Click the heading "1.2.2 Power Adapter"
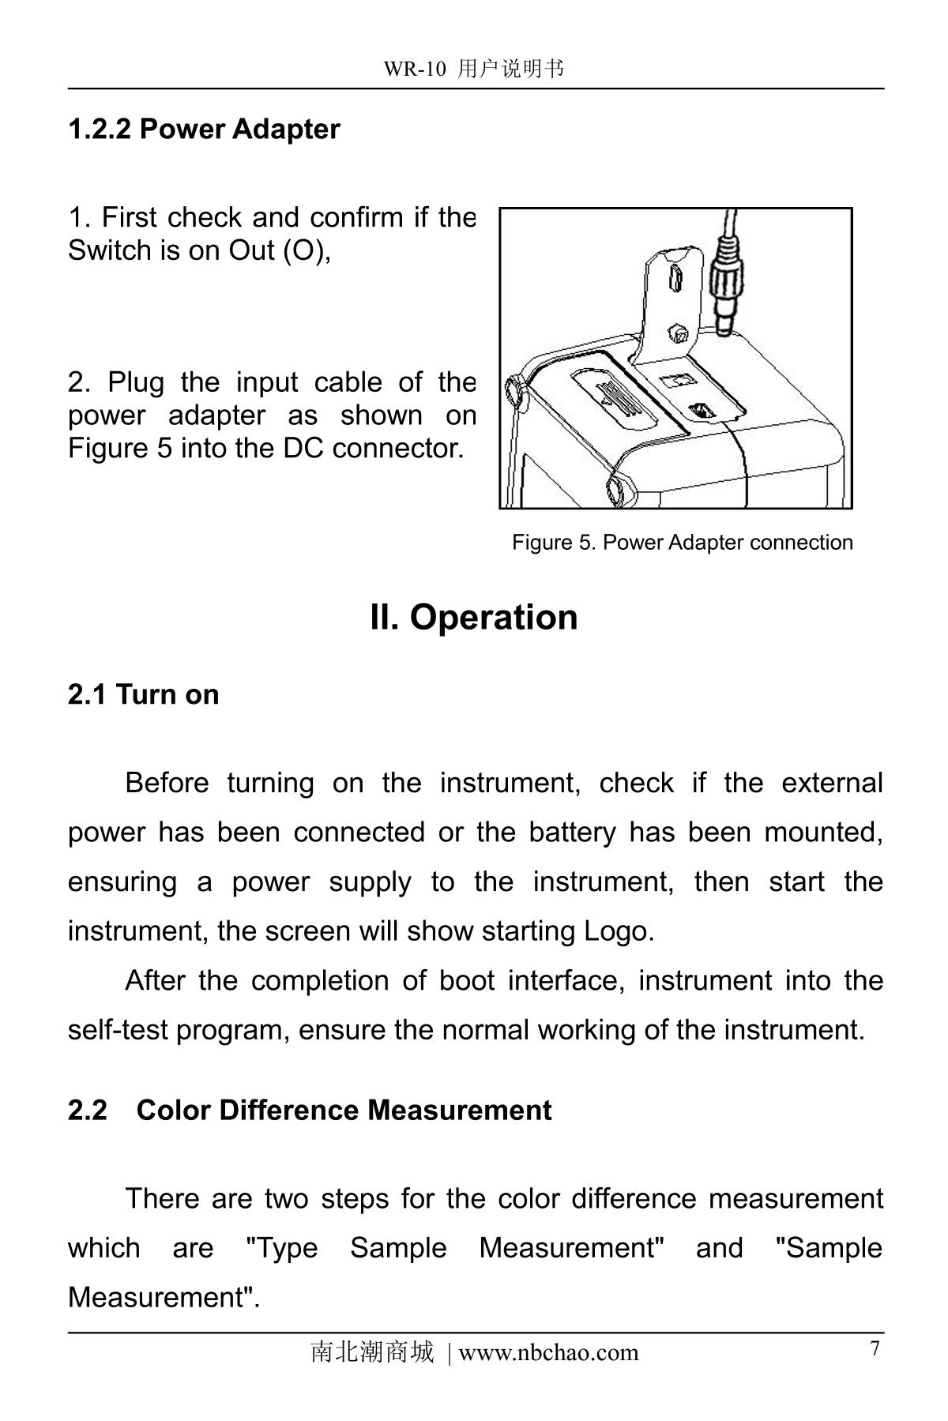point(204,129)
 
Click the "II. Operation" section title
point(473,617)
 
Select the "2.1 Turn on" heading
point(143,694)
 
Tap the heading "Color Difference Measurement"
point(344,1110)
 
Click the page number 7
point(875,1348)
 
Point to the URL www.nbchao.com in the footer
point(548,1352)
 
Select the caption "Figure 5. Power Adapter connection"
point(682,542)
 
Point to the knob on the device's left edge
point(514,389)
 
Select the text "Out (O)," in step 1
point(280,250)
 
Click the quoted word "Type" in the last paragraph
point(283,1248)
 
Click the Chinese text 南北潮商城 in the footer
point(372,1352)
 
